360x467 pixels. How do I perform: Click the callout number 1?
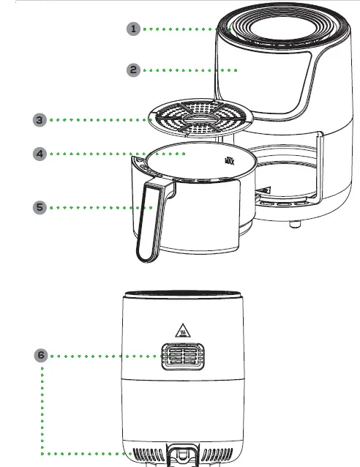(133, 29)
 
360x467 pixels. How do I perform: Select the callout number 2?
(133, 70)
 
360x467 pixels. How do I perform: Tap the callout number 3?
(40, 119)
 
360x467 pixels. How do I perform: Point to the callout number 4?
(40, 154)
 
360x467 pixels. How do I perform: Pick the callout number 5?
(40, 207)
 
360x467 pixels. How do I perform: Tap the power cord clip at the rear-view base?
(179, 455)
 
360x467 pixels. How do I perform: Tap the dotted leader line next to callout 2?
(190, 70)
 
